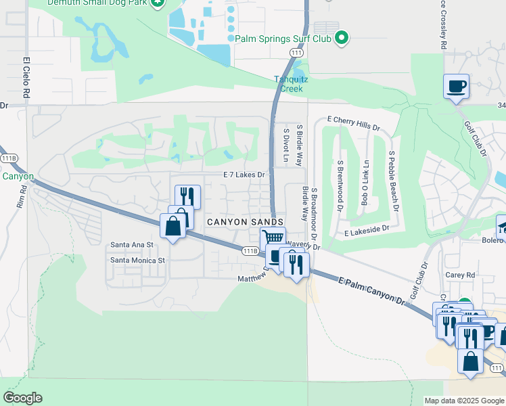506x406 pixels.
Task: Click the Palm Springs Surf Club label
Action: click(283, 38)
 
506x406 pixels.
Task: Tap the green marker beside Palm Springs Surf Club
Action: click(342, 38)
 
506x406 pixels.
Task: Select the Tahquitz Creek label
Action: click(291, 83)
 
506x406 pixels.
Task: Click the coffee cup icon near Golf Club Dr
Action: click(456, 87)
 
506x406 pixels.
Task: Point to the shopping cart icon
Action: click(272, 238)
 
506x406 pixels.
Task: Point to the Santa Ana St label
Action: click(133, 244)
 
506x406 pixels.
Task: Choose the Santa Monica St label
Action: click(138, 260)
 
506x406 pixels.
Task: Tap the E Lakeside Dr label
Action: click(367, 231)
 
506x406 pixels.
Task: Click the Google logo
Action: click(22, 398)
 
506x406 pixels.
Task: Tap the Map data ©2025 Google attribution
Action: click(464, 401)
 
